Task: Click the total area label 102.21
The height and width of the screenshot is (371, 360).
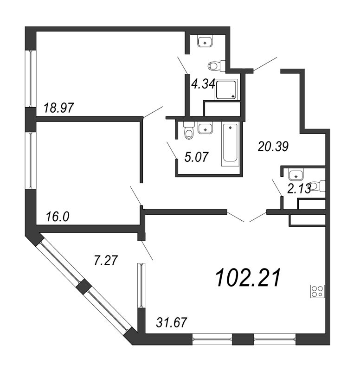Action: pos(248,277)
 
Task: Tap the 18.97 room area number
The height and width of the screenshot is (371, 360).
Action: pos(59,108)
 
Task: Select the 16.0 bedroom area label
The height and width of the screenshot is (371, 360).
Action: pos(58,217)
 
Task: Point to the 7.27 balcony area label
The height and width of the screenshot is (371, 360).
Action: pos(106,261)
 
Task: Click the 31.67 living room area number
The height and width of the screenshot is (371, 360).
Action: pos(172,322)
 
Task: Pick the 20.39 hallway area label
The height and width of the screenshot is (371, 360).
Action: pos(273,146)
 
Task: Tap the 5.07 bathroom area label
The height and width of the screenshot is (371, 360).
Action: pos(196,157)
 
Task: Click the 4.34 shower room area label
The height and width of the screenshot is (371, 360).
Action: pos(203,84)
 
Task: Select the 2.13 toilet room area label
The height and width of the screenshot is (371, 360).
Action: pos(299,189)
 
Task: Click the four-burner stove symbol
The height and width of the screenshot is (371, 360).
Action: pos(318,291)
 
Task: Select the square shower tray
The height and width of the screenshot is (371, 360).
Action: pos(226,90)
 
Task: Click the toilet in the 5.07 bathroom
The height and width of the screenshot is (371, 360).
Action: pos(189,130)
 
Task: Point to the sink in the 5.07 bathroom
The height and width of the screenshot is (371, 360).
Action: pos(205,128)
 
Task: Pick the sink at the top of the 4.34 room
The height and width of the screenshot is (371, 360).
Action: pos(205,41)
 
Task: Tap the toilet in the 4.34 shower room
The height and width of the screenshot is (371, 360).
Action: pos(217,66)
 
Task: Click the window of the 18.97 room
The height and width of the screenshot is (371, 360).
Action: pos(31,78)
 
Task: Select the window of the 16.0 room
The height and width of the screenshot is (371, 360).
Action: pos(31,160)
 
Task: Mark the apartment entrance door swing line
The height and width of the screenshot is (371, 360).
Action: pos(265,64)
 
